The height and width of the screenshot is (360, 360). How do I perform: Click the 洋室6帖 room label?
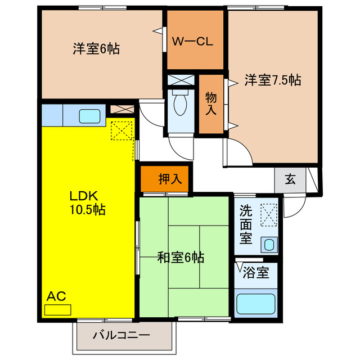(95, 49)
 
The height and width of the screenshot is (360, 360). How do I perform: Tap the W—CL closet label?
(192, 42)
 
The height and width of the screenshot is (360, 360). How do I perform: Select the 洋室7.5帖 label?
(272, 80)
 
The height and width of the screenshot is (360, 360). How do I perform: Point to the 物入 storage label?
(211, 103)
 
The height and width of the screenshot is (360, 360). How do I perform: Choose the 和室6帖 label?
(180, 258)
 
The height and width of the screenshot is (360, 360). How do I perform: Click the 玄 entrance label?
(290, 179)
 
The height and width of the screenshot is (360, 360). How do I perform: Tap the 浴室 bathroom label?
(255, 274)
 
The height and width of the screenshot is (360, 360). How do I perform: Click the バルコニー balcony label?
(121, 336)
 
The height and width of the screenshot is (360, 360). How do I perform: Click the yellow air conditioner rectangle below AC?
(58, 309)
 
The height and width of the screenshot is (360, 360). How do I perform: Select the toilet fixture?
(181, 104)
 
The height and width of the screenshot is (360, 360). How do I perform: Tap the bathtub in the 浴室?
(255, 304)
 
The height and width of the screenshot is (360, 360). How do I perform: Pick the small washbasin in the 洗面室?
(269, 245)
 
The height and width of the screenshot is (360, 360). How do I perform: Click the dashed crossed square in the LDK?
(121, 132)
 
